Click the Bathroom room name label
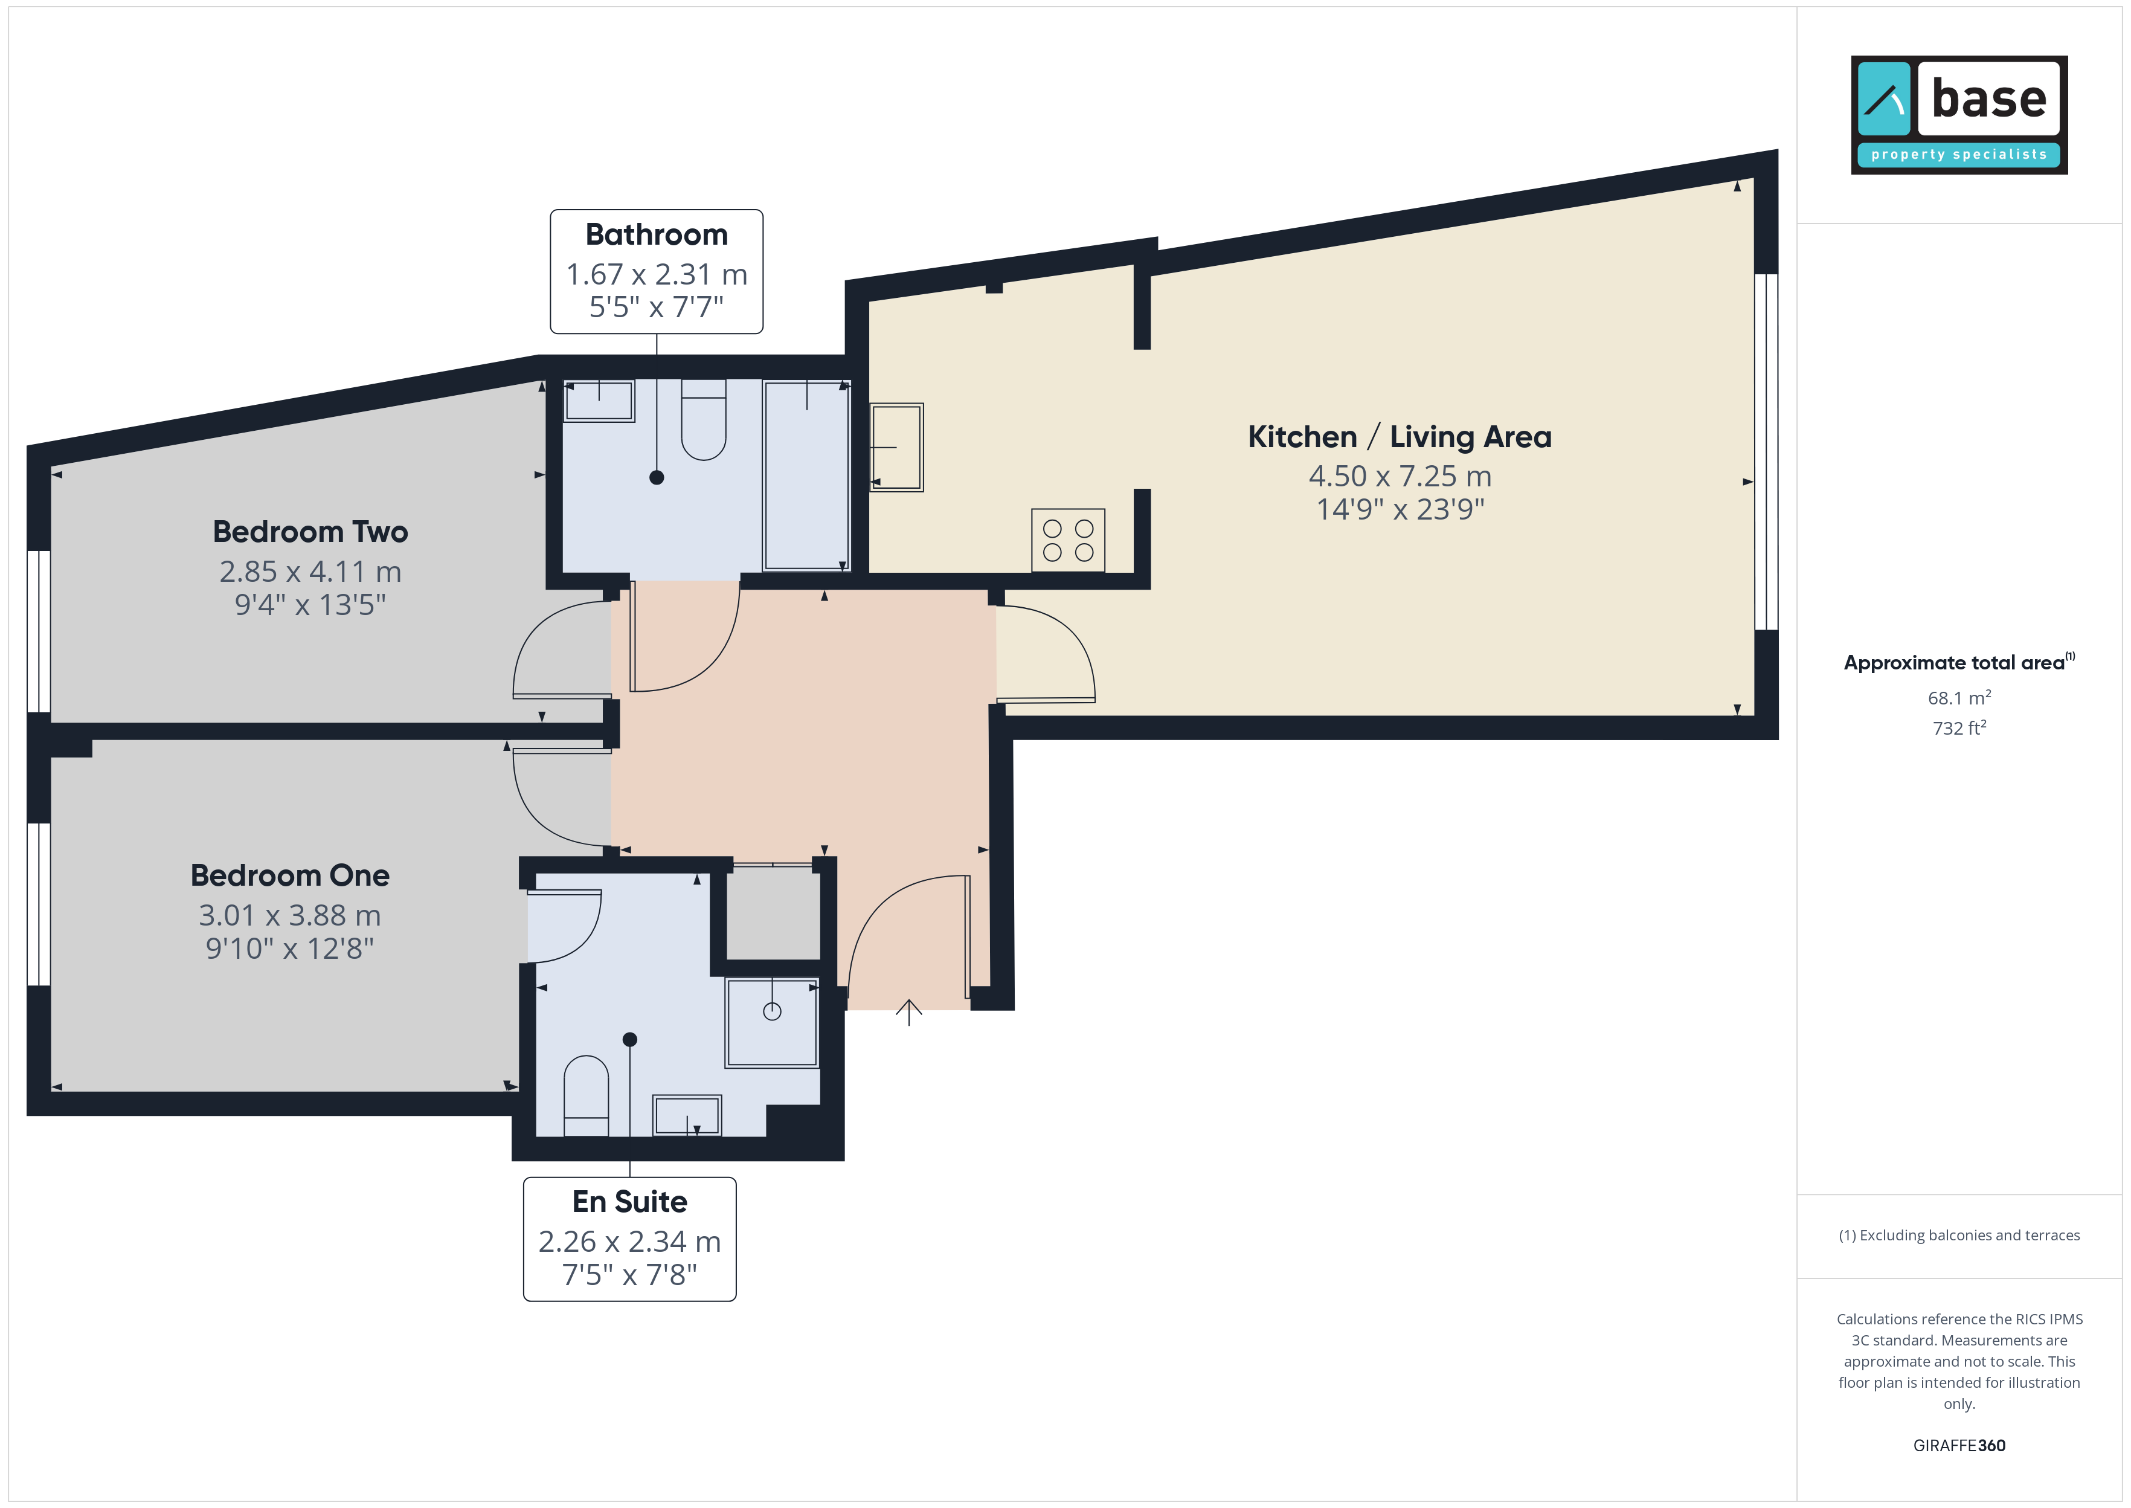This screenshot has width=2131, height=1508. tap(656, 235)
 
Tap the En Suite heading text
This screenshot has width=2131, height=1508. tap(629, 1202)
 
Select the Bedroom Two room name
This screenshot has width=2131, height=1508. tap(310, 532)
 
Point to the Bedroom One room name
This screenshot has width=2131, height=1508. tap(289, 875)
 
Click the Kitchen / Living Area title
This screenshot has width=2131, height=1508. tap(1400, 436)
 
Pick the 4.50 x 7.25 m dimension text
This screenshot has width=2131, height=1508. tap(1400, 476)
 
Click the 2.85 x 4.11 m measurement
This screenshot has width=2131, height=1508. tap(310, 572)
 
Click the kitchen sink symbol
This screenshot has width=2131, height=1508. tap(896, 446)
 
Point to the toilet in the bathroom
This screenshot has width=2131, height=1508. tap(704, 420)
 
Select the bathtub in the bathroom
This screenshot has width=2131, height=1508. tap(806, 475)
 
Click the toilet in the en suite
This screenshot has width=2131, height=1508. tap(587, 1096)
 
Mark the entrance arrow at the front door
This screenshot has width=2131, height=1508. tap(908, 1012)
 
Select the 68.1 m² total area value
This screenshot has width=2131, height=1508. tap(1959, 697)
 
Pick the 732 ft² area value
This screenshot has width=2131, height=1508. tap(1959, 728)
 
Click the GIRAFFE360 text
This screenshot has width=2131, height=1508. tap(1959, 1446)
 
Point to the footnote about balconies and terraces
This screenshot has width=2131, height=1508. tap(1959, 1235)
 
